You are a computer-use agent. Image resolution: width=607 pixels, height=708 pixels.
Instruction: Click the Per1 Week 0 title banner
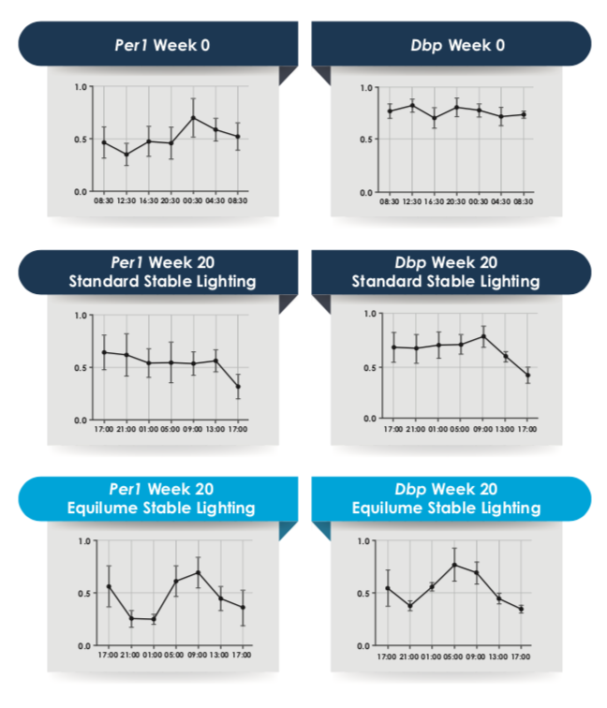pyautogui.click(x=158, y=44)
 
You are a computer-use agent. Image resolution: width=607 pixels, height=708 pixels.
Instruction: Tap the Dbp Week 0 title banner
pyautogui.click(x=451, y=44)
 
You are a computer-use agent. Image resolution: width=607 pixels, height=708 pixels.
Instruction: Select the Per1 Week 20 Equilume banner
pyautogui.click(x=158, y=497)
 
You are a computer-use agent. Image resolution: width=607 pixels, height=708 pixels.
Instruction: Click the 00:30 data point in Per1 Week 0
pyautogui.click(x=193, y=118)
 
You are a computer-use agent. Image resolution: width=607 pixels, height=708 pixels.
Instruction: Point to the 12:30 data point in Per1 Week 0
pyautogui.click(x=126, y=155)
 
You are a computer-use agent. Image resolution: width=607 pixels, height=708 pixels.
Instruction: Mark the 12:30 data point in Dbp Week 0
pyautogui.click(x=412, y=106)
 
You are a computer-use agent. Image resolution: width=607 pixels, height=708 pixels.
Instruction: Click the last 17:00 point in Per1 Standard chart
pyautogui.click(x=238, y=387)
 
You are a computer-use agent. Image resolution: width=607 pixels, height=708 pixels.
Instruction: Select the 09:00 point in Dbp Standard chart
pyautogui.click(x=483, y=336)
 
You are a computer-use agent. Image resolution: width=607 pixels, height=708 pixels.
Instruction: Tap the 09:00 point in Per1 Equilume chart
pyautogui.click(x=198, y=572)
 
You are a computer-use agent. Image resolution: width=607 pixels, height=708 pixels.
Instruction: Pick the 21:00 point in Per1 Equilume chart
pyautogui.click(x=131, y=618)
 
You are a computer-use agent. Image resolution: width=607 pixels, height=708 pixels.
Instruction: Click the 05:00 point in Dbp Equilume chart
pyautogui.click(x=455, y=565)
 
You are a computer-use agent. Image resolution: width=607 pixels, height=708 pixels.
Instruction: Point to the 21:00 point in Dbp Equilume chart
pyautogui.click(x=410, y=607)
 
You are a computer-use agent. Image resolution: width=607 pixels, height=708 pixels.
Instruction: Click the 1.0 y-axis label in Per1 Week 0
pyautogui.click(x=81, y=87)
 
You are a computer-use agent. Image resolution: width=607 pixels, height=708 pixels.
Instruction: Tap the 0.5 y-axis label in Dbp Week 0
pyautogui.click(x=367, y=140)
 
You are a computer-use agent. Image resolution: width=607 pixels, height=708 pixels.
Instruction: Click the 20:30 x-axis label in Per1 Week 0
pyautogui.click(x=170, y=200)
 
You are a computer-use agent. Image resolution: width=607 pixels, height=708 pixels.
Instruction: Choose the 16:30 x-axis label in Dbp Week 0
pyautogui.click(x=434, y=201)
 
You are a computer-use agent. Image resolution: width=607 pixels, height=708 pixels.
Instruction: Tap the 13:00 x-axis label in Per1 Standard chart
pyautogui.click(x=215, y=429)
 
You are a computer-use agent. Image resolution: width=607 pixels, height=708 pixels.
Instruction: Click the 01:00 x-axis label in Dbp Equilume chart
pyautogui.click(x=433, y=656)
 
